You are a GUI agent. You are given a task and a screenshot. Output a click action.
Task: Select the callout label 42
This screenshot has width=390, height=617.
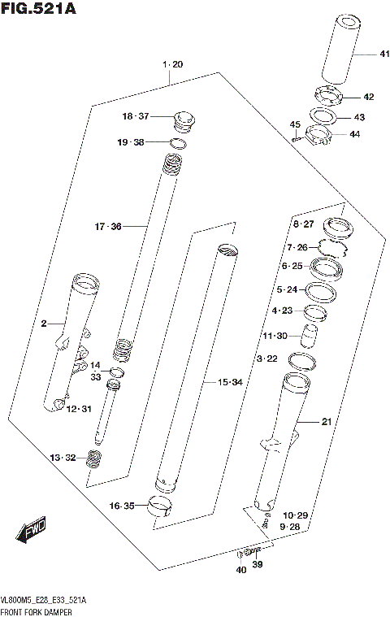(x=368, y=97)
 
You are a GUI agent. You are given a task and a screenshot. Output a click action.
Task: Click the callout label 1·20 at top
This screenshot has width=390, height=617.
(x=172, y=63)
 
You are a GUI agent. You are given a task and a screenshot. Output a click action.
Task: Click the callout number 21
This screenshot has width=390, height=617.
(x=327, y=421)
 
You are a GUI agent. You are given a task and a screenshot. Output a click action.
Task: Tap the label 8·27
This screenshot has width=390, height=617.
(x=302, y=223)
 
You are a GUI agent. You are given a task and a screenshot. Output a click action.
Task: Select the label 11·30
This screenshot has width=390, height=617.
(x=275, y=336)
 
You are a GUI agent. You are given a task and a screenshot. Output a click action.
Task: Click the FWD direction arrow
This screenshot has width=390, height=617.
(x=32, y=533)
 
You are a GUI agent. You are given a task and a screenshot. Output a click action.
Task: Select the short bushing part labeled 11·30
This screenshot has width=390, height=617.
(x=310, y=334)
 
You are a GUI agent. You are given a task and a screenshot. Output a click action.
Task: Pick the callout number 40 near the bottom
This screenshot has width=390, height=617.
(x=240, y=570)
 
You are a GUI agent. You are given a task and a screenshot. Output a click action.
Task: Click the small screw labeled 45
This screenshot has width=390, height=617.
(x=299, y=138)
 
